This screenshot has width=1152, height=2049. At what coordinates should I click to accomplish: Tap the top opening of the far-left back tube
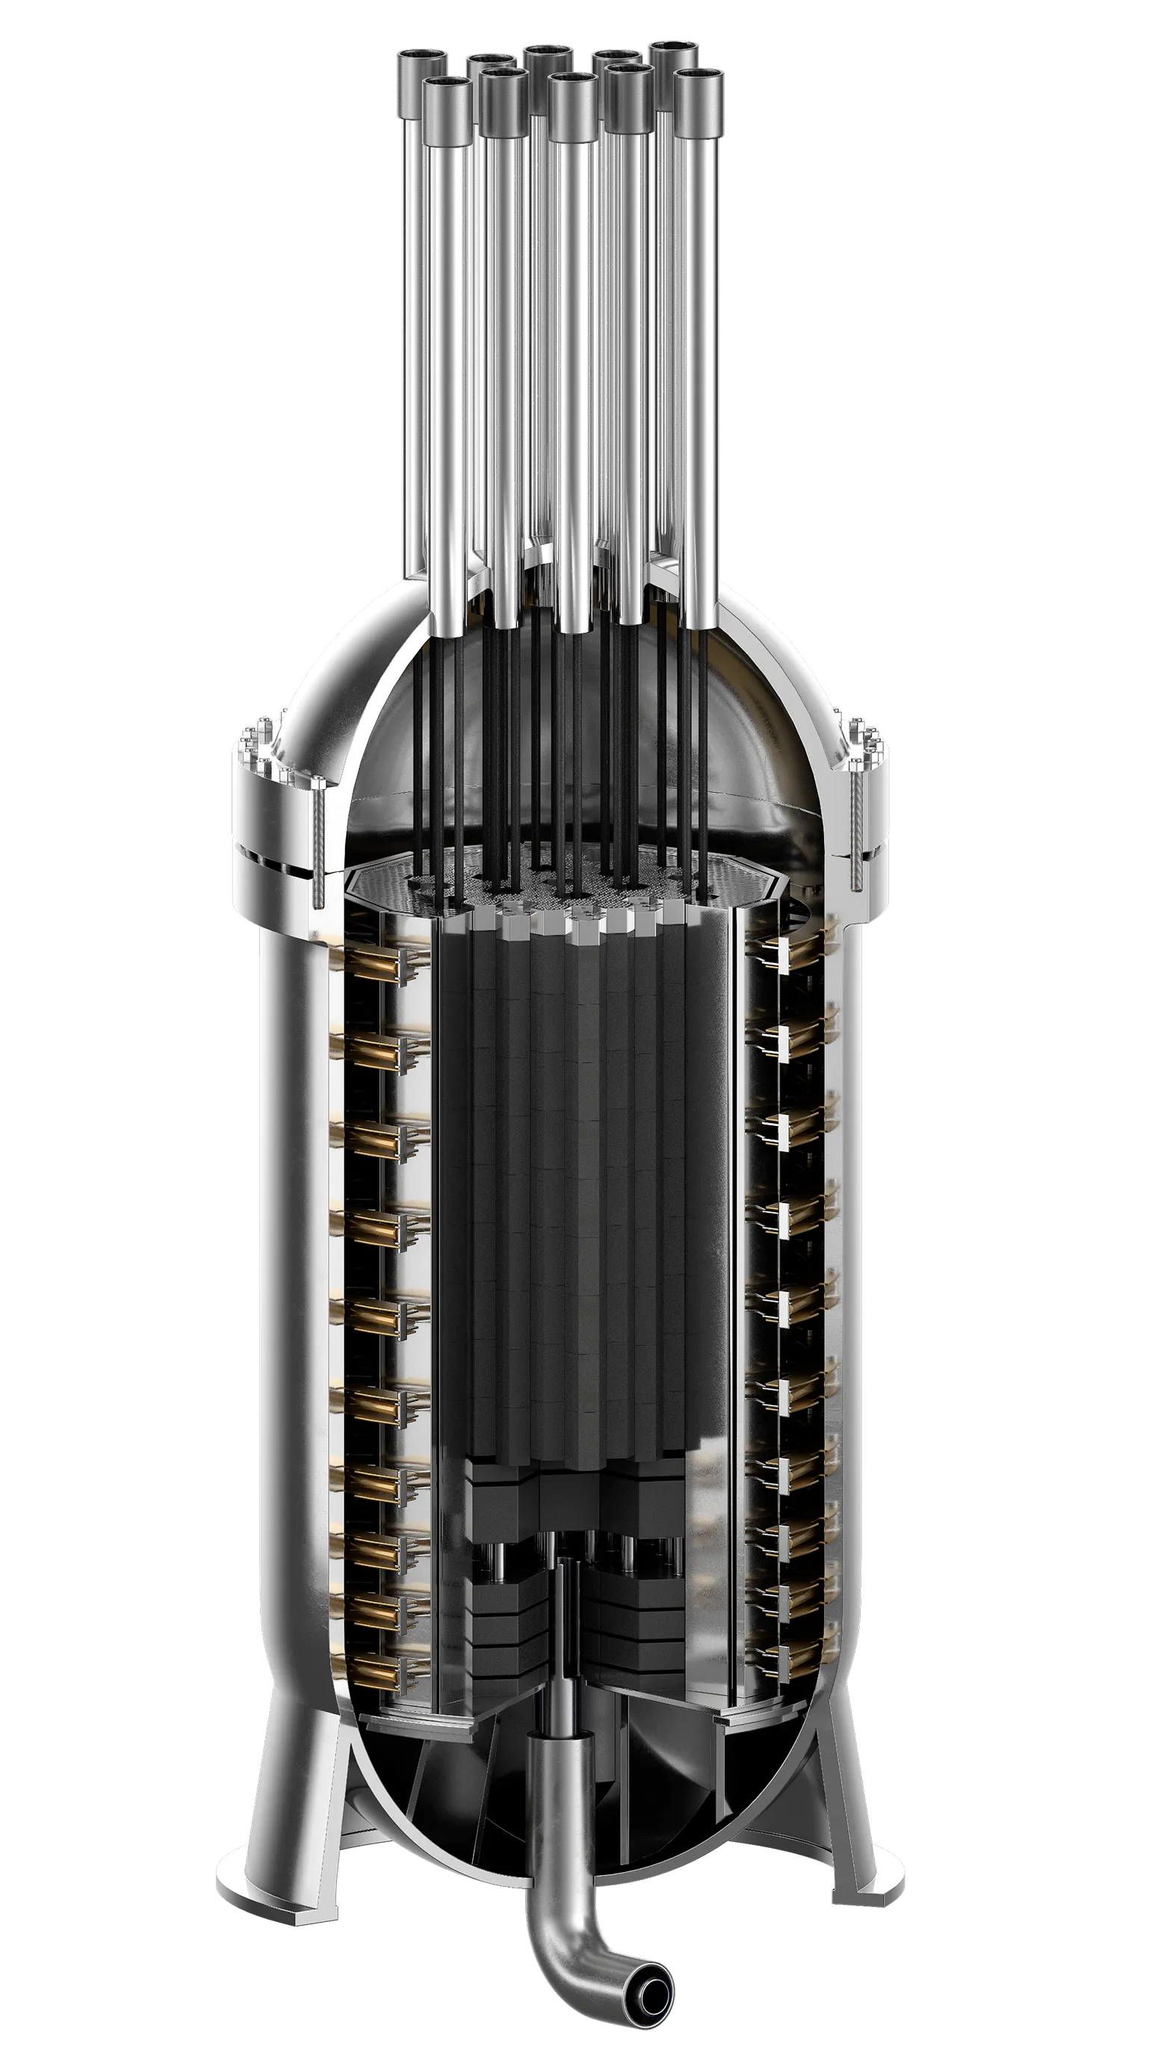click(421, 60)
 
